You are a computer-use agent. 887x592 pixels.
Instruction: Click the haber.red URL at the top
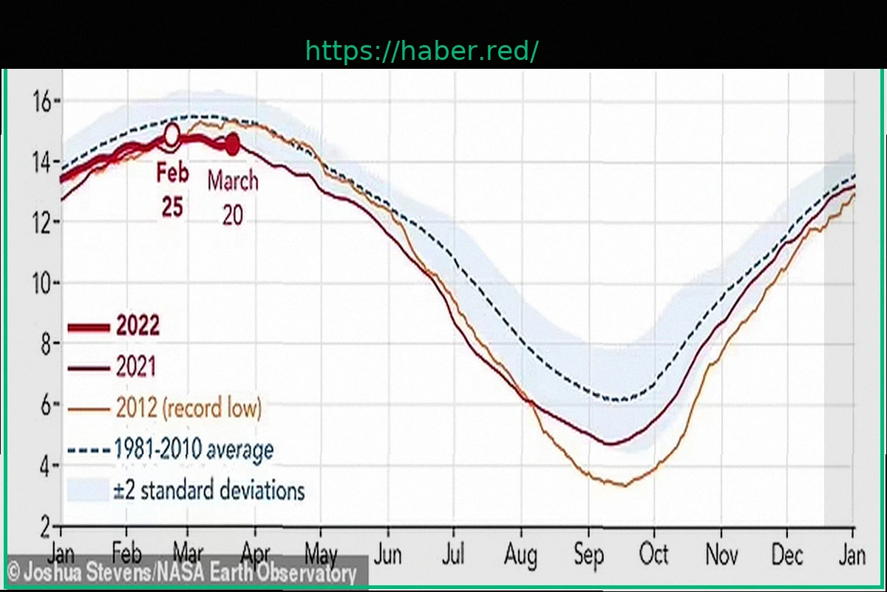pyautogui.click(x=422, y=51)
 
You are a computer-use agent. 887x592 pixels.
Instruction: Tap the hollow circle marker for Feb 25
pyautogui.click(x=171, y=135)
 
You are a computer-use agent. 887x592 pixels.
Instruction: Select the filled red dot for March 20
pyautogui.click(x=232, y=144)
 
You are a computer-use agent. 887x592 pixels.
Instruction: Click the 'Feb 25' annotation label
pyautogui.click(x=172, y=190)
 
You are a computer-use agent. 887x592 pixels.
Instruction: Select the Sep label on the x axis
pyautogui.click(x=588, y=555)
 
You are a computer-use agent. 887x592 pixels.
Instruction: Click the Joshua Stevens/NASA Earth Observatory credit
pyautogui.click(x=182, y=573)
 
